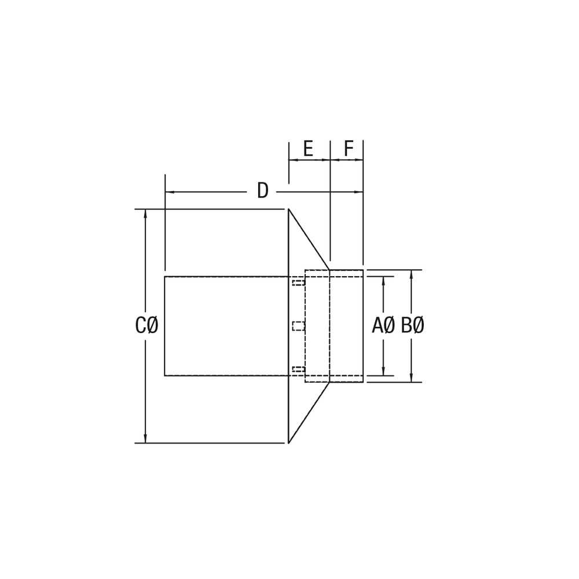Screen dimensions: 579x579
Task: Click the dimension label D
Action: pos(262,191)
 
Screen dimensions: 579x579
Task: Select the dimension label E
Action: pos(308,149)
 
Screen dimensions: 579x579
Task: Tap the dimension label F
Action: pos(348,149)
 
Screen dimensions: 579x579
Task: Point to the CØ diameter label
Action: pos(146,325)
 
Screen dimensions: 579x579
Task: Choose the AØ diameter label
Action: pos(383,325)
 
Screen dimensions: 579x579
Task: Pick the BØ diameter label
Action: pos(412,325)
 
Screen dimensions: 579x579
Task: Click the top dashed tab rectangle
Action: pos(298,283)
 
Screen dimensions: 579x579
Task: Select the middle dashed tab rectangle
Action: pos(298,326)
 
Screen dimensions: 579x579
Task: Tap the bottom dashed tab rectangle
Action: pos(298,369)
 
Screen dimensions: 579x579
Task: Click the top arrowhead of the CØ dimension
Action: pos(145,214)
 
